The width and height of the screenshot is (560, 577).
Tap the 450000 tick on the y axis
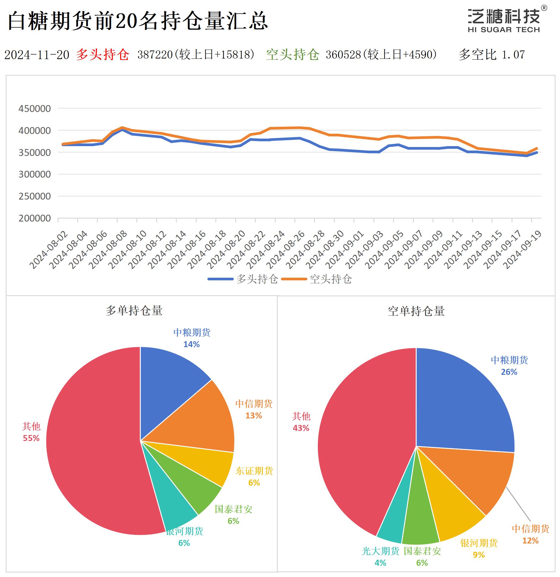[34, 109]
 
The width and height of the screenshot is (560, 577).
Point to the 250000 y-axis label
[34, 196]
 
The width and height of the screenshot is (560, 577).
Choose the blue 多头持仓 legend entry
[243, 279]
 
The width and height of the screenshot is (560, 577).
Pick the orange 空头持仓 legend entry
[317, 279]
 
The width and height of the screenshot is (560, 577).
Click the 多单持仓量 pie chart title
[134, 311]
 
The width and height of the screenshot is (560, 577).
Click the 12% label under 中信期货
[530, 540]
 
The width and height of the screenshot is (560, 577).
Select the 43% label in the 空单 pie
[301, 428]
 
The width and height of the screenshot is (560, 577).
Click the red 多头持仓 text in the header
[102, 55]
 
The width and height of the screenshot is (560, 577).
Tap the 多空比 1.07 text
[492, 55]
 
